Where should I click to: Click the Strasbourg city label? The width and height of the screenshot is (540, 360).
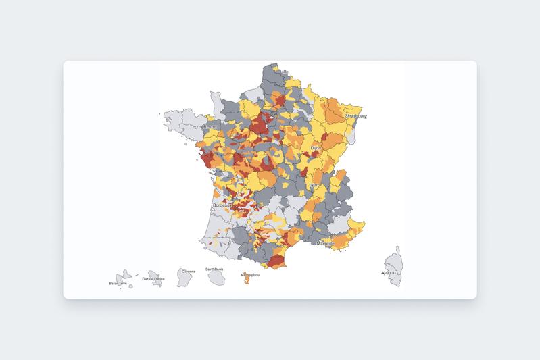[356, 116]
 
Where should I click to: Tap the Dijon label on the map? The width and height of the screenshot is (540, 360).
[316, 147]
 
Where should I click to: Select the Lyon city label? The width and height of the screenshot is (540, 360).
[314, 184]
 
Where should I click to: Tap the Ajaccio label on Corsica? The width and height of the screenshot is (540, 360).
[388, 272]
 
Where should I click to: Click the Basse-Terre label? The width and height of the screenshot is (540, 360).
[118, 283]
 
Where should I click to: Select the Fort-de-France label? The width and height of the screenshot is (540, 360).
[153, 278]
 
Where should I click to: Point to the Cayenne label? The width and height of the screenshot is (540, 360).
[187, 272]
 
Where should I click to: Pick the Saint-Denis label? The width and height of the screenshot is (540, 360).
[215, 269]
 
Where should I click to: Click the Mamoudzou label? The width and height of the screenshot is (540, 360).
[249, 274]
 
